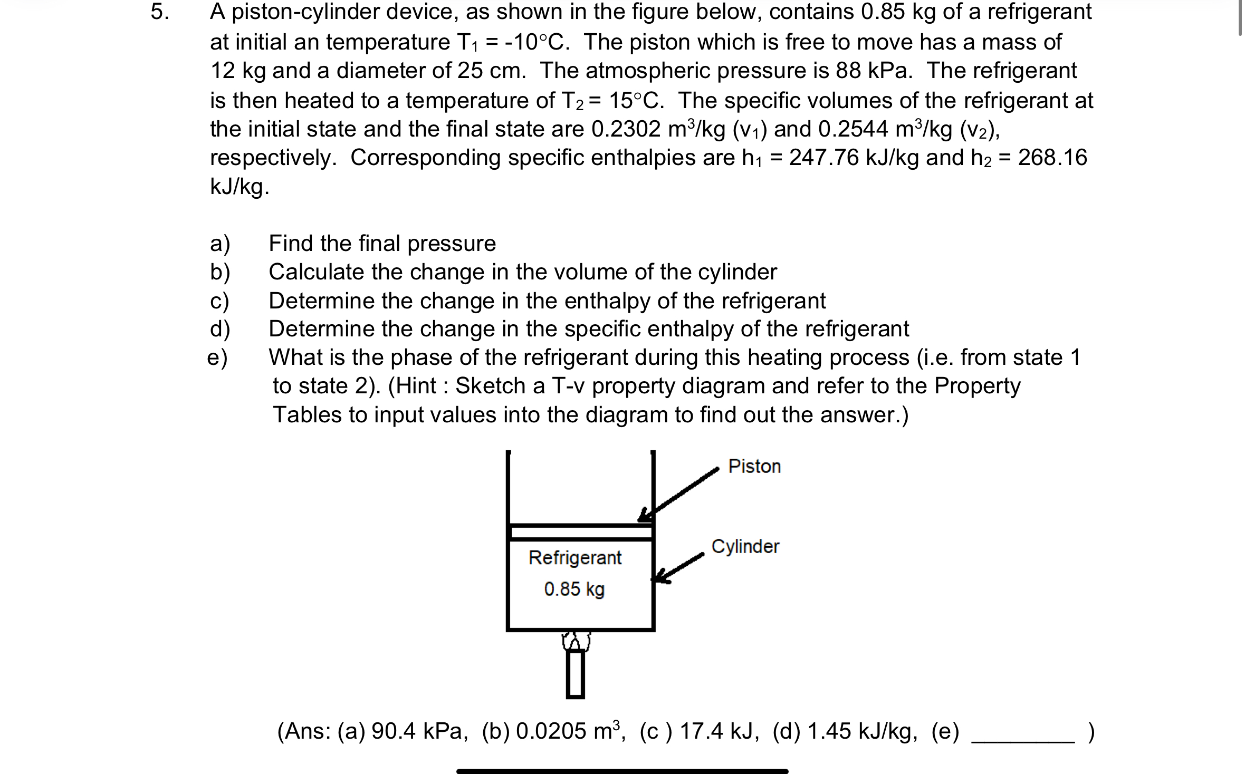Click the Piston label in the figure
(x=754, y=467)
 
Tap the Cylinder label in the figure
(x=745, y=547)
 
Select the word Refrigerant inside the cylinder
(x=575, y=558)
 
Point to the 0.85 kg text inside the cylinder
(x=574, y=589)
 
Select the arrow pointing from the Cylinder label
(x=678, y=567)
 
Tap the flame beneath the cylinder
(x=576, y=641)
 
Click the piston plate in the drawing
(x=580, y=532)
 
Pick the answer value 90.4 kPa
(x=419, y=732)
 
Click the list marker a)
(x=220, y=244)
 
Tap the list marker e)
(x=217, y=358)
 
